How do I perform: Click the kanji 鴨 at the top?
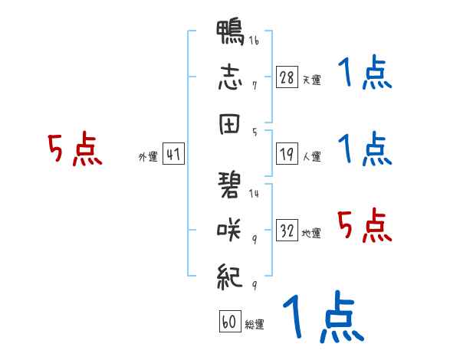click(230, 32)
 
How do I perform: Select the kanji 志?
click(230, 77)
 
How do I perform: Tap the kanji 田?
click(229, 124)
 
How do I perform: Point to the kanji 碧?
click(229, 185)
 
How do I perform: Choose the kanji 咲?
click(229, 230)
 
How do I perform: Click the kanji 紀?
click(230, 277)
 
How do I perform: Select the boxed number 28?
click(287, 77)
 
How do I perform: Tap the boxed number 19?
click(287, 154)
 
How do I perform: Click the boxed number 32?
click(287, 230)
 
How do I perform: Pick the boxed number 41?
click(173, 154)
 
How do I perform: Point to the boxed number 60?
click(230, 321)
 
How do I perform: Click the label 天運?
click(312, 80)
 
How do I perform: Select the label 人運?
click(312, 156)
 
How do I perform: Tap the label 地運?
click(311, 233)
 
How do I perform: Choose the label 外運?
click(148, 156)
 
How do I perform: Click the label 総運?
click(255, 324)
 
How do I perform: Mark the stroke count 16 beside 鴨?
click(254, 40)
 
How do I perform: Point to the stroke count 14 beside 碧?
click(254, 193)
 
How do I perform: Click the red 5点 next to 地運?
click(364, 225)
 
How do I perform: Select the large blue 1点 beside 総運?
click(324, 316)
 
